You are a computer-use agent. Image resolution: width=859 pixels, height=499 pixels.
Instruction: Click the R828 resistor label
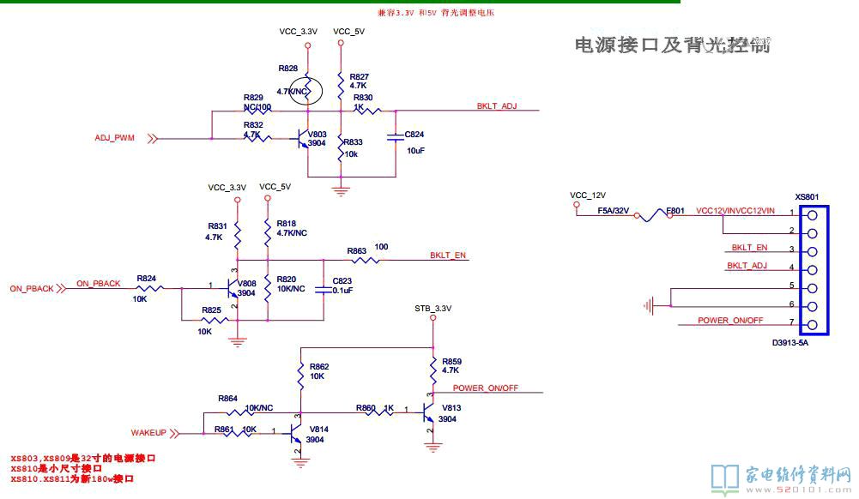tap(288, 68)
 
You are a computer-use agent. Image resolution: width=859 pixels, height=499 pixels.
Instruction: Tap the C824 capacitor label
tap(414, 135)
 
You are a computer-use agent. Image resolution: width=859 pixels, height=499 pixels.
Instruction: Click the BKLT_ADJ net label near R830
tap(497, 106)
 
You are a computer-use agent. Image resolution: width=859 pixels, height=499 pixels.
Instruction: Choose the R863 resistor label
tap(357, 250)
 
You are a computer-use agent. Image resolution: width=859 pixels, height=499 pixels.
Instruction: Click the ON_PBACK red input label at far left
tap(32, 289)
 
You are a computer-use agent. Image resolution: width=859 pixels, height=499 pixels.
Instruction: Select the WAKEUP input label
tap(148, 433)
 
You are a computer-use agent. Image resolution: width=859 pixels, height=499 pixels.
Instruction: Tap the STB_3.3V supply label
tap(433, 309)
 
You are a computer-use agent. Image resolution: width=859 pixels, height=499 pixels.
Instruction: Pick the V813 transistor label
tap(451, 408)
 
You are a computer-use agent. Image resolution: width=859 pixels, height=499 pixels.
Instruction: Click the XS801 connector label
tap(807, 196)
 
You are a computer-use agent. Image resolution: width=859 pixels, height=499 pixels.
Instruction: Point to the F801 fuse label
tap(675, 210)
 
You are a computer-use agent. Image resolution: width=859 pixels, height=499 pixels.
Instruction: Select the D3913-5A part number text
tap(789, 343)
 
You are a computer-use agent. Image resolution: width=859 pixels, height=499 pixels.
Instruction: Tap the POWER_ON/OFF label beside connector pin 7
tap(730, 321)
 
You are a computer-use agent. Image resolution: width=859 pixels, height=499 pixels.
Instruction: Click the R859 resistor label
tap(451, 361)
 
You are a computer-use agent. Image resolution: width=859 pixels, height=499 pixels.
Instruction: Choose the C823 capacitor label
tap(342, 280)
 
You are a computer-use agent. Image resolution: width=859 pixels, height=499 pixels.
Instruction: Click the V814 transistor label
tap(318, 429)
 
